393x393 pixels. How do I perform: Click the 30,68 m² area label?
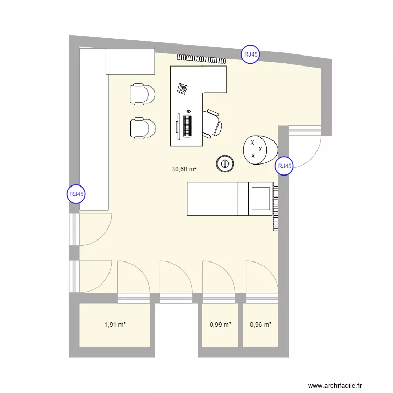click(x=184, y=169)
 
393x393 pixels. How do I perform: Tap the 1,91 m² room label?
click(x=115, y=325)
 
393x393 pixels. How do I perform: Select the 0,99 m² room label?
click(x=220, y=325)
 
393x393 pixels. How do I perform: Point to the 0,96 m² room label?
click(x=260, y=325)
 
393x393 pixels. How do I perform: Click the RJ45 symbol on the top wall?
click(x=250, y=54)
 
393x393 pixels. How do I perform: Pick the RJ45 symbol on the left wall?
click(x=76, y=194)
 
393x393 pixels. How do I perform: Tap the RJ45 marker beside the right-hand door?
click(x=285, y=166)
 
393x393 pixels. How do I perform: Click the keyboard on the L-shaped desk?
click(x=188, y=126)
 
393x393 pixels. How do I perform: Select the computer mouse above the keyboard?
click(x=189, y=111)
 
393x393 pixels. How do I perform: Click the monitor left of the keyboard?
click(x=178, y=127)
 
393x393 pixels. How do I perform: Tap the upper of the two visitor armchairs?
click(x=142, y=94)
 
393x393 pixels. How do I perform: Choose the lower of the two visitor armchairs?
click(x=143, y=128)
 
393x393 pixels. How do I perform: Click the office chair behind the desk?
click(x=212, y=124)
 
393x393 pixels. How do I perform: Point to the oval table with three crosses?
click(x=260, y=150)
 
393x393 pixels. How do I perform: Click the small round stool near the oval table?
click(x=225, y=164)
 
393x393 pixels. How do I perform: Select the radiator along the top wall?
click(x=202, y=59)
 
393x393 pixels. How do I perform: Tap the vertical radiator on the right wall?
click(x=276, y=206)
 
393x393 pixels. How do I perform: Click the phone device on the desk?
click(x=182, y=89)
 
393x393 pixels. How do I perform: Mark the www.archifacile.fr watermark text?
click(x=335, y=385)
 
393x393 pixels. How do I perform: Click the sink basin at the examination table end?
click(x=260, y=199)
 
